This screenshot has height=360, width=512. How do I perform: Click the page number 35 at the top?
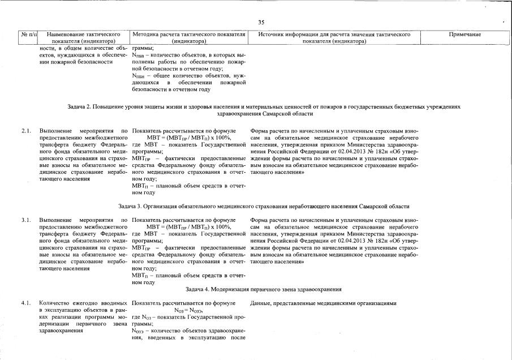coord(261,23)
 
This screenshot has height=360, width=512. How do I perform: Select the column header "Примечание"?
coord(464,35)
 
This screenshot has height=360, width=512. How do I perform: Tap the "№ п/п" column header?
coord(28,35)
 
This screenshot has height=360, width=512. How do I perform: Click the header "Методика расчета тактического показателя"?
coord(188,35)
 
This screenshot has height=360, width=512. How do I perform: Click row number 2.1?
coord(26,131)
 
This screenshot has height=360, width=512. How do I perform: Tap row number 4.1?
coord(26,303)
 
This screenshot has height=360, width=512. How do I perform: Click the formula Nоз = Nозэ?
coord(188,310)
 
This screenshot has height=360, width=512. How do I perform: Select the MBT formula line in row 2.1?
coord(188,138)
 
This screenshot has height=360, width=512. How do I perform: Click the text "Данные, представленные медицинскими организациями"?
coord(324,303)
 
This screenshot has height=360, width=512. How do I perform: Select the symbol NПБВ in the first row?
coord(139,55)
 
